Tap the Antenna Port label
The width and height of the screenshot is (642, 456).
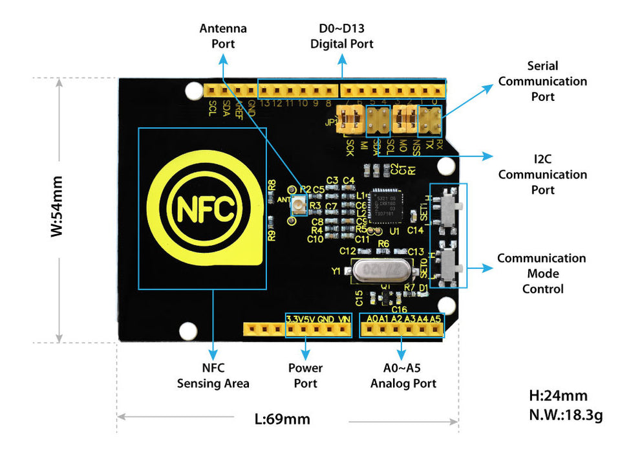pyautogui.click(x=223, y=36)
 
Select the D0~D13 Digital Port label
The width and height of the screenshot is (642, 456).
pyautogui.click(x=342, y=36)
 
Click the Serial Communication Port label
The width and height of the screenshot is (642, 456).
pyautogui.click(x=542, y=81)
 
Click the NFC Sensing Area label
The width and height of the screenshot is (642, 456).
pyautogui.click(x=213, y=375)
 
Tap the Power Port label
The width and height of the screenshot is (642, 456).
pyautogui.click(x=305, y=375)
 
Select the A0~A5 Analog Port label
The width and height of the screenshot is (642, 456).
pyautogui.click(x=403, y=375)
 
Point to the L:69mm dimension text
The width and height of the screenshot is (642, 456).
pyautogui.click(x=283, y=418)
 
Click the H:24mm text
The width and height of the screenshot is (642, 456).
pyautogui.click(x=558, y=395)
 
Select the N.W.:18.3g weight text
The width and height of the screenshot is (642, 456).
pyautogui.click(x=565, y=415)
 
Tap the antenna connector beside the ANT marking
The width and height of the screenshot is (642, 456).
pyautogui.click(x=299, y=206)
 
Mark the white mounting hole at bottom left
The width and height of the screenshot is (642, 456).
pyautogui.click(x=187, y=331)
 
